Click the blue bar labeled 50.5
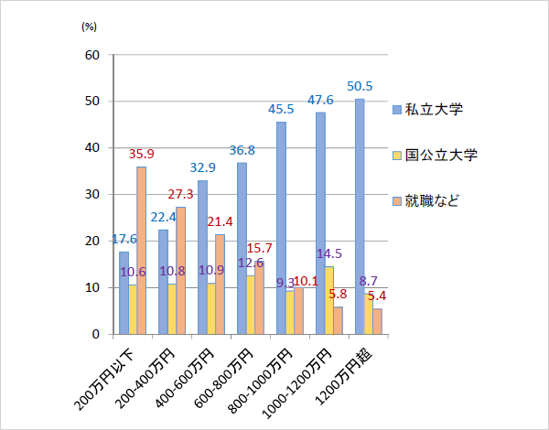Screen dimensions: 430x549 (x=360, y=216)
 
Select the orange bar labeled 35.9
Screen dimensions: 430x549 (x=142, y=250)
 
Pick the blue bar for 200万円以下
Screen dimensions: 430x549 (x=124, y=293)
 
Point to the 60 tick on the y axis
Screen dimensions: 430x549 (x=92, y=55)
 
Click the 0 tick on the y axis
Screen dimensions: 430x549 (x=96, y=335)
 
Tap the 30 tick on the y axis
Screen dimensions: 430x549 (x=92, y=195)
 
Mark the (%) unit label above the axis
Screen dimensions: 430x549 (x=89, y=27)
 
